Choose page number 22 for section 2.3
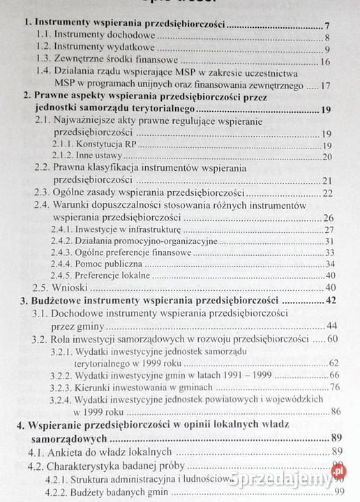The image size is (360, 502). point(326,192)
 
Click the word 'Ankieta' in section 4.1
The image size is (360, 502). point(75,453)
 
